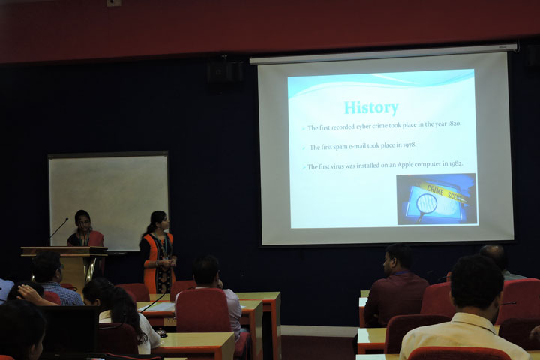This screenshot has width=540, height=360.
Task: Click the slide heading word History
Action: coord(370,108)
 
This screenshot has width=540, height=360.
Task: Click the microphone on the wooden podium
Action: coord(58,229)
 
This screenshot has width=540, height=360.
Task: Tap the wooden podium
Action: coord(67,262)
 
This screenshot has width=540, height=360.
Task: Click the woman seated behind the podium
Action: coord(84,230)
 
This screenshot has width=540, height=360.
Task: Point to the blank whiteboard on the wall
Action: coord(109,199)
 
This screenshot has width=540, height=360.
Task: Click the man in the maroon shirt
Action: coord(395,289)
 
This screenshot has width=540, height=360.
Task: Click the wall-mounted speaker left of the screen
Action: coord(223,70)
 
